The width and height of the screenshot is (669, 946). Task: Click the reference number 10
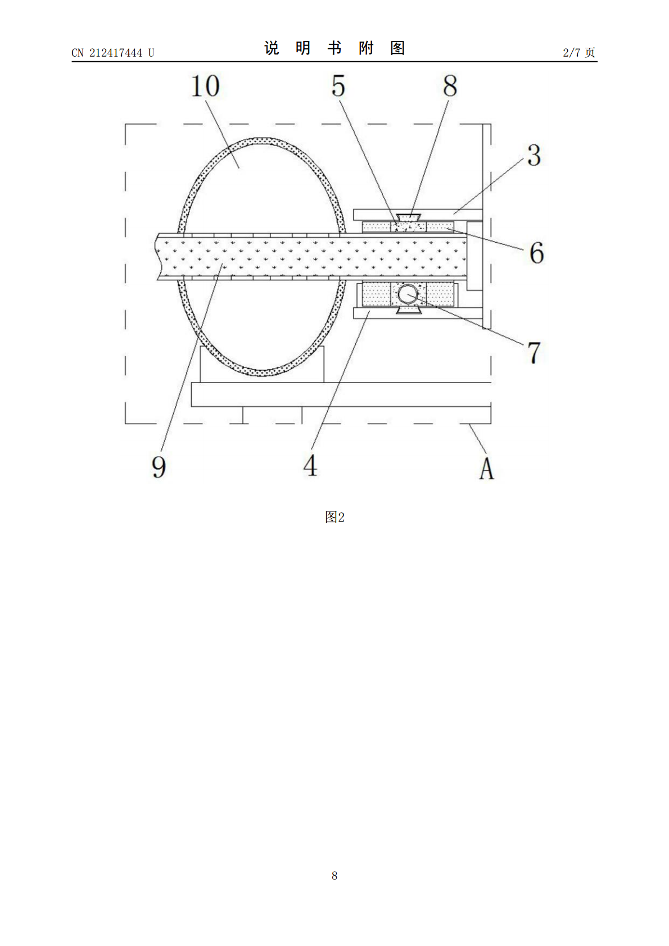tap(205, 86)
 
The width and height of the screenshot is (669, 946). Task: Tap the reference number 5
tap(338, 86)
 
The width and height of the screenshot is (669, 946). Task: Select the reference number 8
tap(450, 86)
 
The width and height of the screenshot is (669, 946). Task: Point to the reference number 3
tap(534, 155)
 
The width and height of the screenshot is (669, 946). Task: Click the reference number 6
tap(537, 253)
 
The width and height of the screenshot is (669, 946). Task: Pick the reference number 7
tap(534, 352)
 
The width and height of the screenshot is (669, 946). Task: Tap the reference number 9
tap(159, 467)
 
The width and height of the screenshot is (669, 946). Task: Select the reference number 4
tap(311, 465)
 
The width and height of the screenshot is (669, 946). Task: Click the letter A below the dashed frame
tap(486, 469)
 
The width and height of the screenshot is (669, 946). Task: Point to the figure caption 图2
tap(334, 516)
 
